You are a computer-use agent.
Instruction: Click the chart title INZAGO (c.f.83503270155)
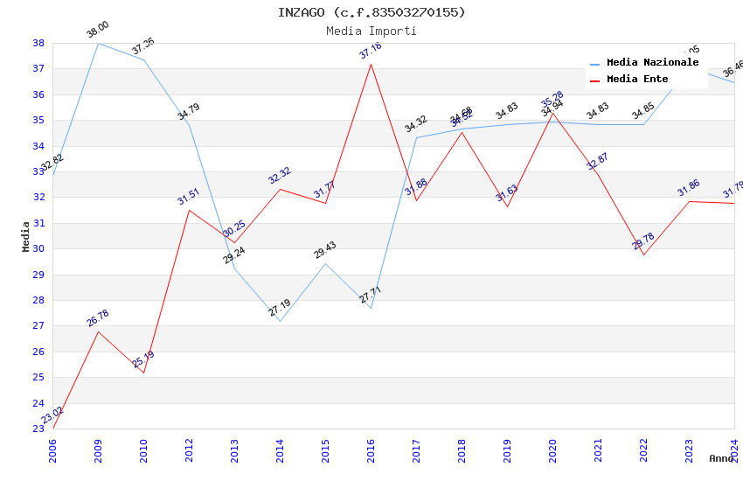pyautogui.click(x=371, y=12)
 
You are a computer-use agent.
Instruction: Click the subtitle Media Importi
pyautogui.click(x=371, y=31)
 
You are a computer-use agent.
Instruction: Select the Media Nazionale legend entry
pyautogui.click(x=652, y=63)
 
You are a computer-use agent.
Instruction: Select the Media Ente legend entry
pyautogui.click(x=637, y=80)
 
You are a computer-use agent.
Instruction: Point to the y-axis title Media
pyautogui.click(x=26, y=236)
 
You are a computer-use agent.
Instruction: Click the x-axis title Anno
pyautogui.click(x=721, y=458)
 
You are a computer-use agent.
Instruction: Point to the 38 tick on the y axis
pyautogui.click(x=38, y=43)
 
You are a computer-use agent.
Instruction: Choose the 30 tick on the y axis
pyautogui.click(x=38, y=248)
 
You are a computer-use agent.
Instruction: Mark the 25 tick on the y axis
pyautogui.click(x=38, y=378)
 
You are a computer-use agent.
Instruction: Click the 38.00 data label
pyautogui.click(x=98, y=31)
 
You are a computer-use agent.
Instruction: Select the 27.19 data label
pyautogui.click(x=280, y=308)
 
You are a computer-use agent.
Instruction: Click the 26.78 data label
pyautogui.click(x=98, y=318)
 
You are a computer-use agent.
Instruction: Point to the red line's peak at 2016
pyautogui.click(x=371, y=64)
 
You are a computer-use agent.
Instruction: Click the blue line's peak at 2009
pyautogui.click(x=98, y=43)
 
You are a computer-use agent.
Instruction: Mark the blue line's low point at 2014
pyautogui.click(x=280, y=321)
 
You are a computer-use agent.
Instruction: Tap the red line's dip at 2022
pyautogui.click(x=644, y=254)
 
